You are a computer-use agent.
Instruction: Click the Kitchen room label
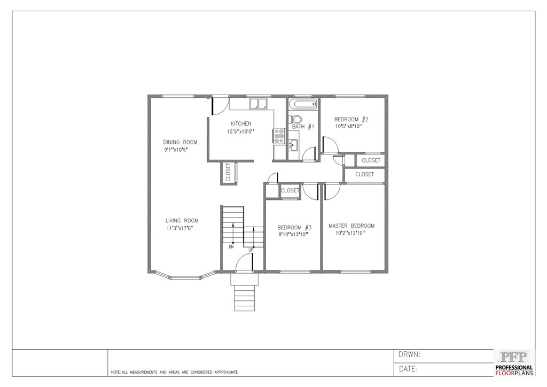pyautogui.click(x=241, y=123)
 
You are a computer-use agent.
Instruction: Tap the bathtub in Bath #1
pyautogui.click(x=303, y=104)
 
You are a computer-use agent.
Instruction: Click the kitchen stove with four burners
pyautogui.click(x=279, y=136)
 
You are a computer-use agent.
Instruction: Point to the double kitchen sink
pyautogui.click(x=258, y=103)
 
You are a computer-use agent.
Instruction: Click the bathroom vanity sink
pyautogui.click(x=293, y=144)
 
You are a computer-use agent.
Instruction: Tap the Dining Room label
pyautogui.click(x=180, y=142)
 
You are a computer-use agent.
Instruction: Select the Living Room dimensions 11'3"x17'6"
pyautogui.click(x=179, y=228)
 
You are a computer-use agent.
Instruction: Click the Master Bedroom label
pyautogui.click(x=351, y=226)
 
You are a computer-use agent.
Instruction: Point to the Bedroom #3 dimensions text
pyautogui.click(x=293, y=235)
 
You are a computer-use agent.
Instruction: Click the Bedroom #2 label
pyautogui.click(x=351, y=119)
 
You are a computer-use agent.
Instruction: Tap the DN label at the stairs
pyautogui.click(x=231, y=247)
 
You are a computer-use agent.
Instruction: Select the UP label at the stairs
pyautogui.click(x=251, y=250)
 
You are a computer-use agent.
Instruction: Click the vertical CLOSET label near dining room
pyautogui.click(x=228, y=173)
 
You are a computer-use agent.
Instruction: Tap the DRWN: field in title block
pyautogui.click(x=409, y=355)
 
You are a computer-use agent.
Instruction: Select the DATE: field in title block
pyautogui.click(x=408, y=369)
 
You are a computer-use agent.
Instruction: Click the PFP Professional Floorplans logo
pyautogui.click(x=514, y=363)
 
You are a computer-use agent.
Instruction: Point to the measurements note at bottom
pyautogui.click(x=175, y=373)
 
